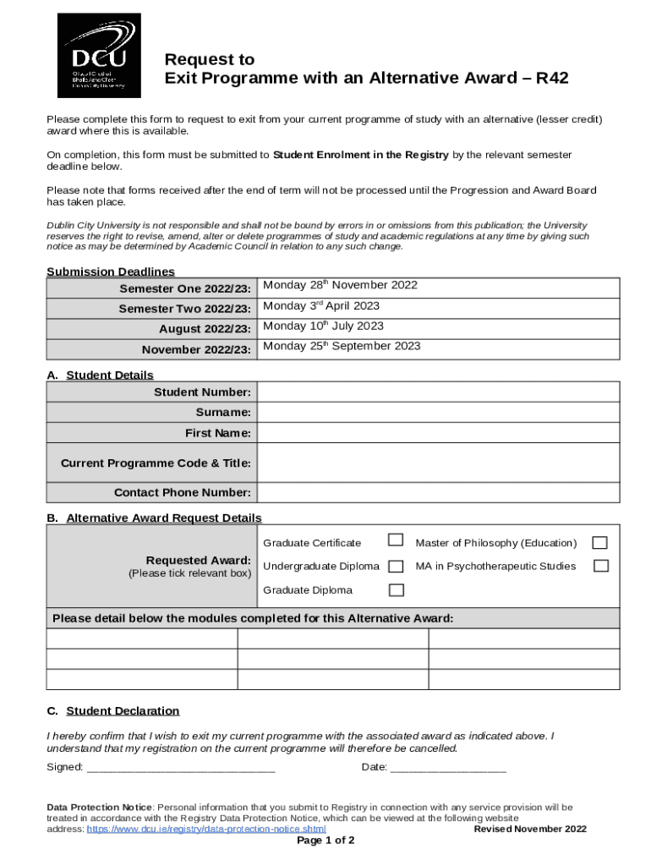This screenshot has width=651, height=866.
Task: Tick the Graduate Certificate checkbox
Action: pos(395,540)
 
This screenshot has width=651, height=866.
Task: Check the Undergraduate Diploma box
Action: pos(395,565)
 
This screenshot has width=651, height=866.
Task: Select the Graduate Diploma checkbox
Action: pos(395,589)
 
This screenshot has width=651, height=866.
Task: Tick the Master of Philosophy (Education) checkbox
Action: pos(600,542)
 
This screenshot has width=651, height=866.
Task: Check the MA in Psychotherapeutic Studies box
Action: pos(600,565)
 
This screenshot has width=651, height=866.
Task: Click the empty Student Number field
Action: pos(438,392)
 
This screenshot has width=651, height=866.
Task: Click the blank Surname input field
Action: pos(438,412)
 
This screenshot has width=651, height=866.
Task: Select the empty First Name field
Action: pos(438,433)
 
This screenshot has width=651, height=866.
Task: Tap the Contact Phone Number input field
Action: pos(438,492)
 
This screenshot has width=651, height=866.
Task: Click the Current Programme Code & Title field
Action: pos(438,463)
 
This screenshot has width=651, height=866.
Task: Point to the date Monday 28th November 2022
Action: pos(340,286)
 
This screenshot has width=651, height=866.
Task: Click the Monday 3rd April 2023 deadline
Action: pos(321,306)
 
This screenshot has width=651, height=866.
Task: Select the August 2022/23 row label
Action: pos(205,329)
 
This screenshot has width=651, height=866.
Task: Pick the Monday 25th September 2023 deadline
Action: pos(342,347)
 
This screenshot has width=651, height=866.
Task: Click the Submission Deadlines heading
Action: pos(111,271)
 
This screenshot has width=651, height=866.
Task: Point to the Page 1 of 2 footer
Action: pos(325,841)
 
